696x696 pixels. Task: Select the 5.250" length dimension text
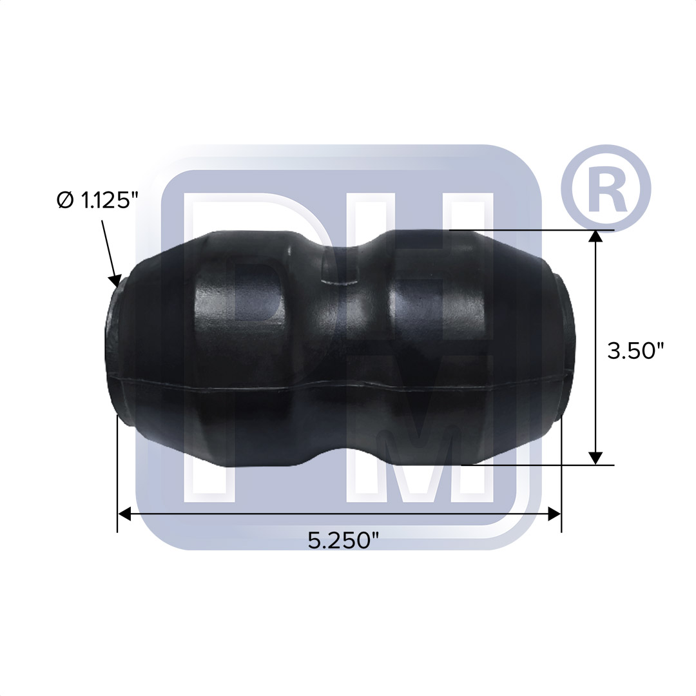click(342, 540)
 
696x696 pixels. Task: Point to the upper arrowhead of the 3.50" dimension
click(597, 237)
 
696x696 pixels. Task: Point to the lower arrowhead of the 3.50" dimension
click(597, 458)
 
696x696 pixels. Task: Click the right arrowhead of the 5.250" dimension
click(554, 514)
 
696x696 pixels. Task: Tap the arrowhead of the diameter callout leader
click(117, 280)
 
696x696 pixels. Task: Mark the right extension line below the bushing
click(562, 477)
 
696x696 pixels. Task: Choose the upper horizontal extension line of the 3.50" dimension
click(535, 230)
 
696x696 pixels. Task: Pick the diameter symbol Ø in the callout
click(64, 201)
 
